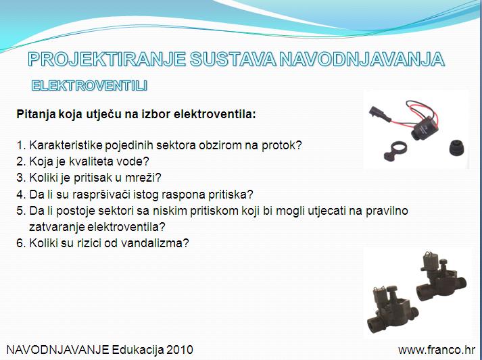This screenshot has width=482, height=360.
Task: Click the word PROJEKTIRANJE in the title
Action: (x=107, y=59)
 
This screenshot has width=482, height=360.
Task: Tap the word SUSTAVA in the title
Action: (x=233, y=59)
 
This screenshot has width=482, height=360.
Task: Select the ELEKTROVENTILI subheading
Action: (x=89, y=86)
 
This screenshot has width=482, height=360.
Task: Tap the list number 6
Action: (x=20, y=243)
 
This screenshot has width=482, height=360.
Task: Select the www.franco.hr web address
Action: (x=437, y=350)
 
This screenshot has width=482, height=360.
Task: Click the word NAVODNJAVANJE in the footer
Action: (x=57, y=350)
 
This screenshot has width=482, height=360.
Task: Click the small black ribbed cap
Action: (x=457, y=147)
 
